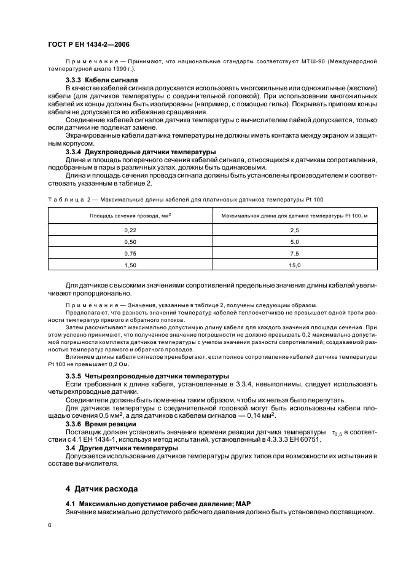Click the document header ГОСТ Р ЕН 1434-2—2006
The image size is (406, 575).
tap(88, 44)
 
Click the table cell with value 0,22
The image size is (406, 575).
tap(130, 230)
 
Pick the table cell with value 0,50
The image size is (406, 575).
tap(130, 241)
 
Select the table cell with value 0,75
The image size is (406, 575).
tap(130, 253)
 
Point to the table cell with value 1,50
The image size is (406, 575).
tap(130, 265)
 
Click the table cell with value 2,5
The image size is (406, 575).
tap(294, 230)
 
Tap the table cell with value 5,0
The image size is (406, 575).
tap(294, 241)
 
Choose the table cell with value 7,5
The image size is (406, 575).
tap(294, 253)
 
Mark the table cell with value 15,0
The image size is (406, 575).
tap(294, 265)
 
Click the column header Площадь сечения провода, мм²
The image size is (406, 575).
tap(130, 216)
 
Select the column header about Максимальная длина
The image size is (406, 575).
tap(294, 216)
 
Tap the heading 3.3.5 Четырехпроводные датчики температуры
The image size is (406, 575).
tap(147, 375)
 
